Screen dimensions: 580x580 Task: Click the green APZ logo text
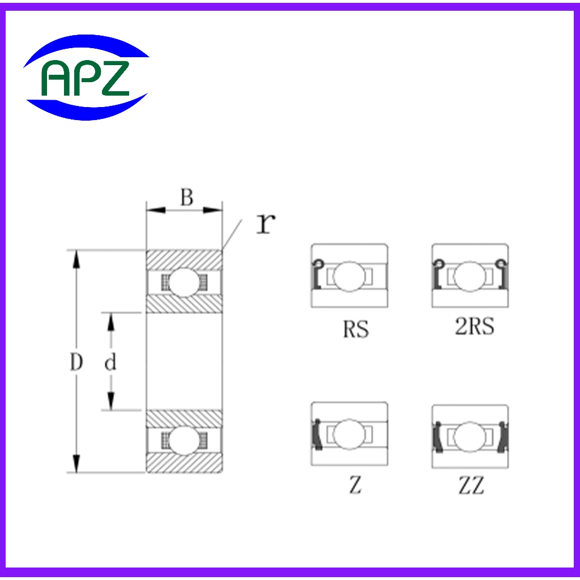[x=85, y=78]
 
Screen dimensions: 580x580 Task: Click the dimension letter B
[x=187, y=197]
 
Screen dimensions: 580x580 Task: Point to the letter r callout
[x=266, y=224]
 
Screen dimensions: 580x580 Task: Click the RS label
[x=356, y=329]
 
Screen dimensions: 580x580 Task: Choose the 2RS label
[x=474, y=326]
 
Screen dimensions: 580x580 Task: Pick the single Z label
[x=355, y=485]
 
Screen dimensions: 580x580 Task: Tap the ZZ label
[x=471, y=485]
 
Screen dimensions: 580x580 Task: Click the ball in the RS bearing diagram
[x=349, y=276]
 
